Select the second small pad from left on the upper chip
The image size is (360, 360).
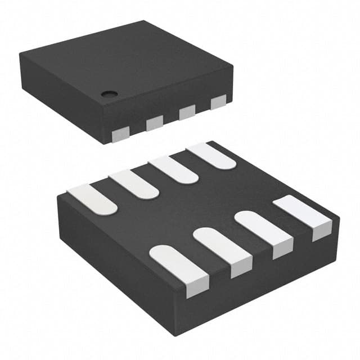(x=154, y=123)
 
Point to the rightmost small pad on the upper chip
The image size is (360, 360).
(x=218, y=103)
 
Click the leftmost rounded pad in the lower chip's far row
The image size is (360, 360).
(x=93, y=199)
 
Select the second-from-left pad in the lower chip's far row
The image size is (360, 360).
(x=134, y=184)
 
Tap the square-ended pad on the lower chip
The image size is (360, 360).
(x=304, y=214)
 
